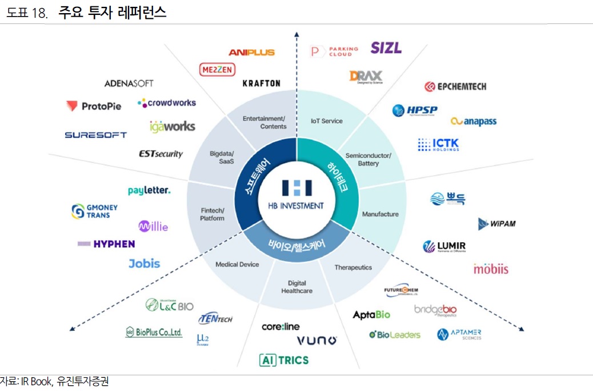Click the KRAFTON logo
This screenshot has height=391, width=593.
(261, 83)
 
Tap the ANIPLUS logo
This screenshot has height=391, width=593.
(251, 52)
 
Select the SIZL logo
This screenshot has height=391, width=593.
(386, 48)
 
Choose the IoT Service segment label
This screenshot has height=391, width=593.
(327, 121)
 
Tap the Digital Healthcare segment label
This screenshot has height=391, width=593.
(296, 287)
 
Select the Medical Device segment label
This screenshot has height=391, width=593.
(237, 264)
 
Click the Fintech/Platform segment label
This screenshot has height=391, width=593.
(212, 214)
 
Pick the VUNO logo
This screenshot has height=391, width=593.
(316, 341)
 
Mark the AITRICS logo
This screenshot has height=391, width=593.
(284, 360)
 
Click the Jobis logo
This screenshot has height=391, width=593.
(144, 264)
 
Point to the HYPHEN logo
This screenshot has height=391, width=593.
(106, 244)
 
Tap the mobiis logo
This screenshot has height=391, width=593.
(490, 268)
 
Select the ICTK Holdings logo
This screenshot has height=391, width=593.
(438, 144)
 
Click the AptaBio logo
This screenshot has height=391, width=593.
(371, 315)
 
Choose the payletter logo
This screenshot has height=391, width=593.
(149, 191)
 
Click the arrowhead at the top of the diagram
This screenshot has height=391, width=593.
(296, 35)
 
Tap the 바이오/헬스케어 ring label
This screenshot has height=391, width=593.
(296, 244)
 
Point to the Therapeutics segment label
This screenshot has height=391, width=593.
(353, 267)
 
